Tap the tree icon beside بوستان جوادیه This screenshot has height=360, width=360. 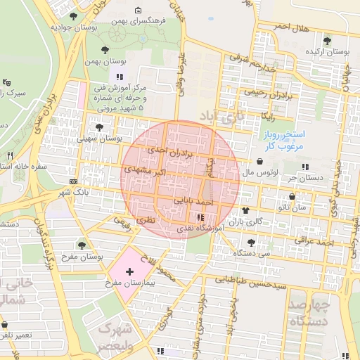(x=74, y=15)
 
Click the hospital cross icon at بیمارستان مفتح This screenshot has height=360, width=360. (x=129, y=271)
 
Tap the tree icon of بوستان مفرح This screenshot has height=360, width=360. (x=82, y=245)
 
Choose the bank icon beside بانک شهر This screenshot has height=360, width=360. (x=73, y=181)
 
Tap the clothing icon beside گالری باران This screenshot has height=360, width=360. (x=245, y=210)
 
